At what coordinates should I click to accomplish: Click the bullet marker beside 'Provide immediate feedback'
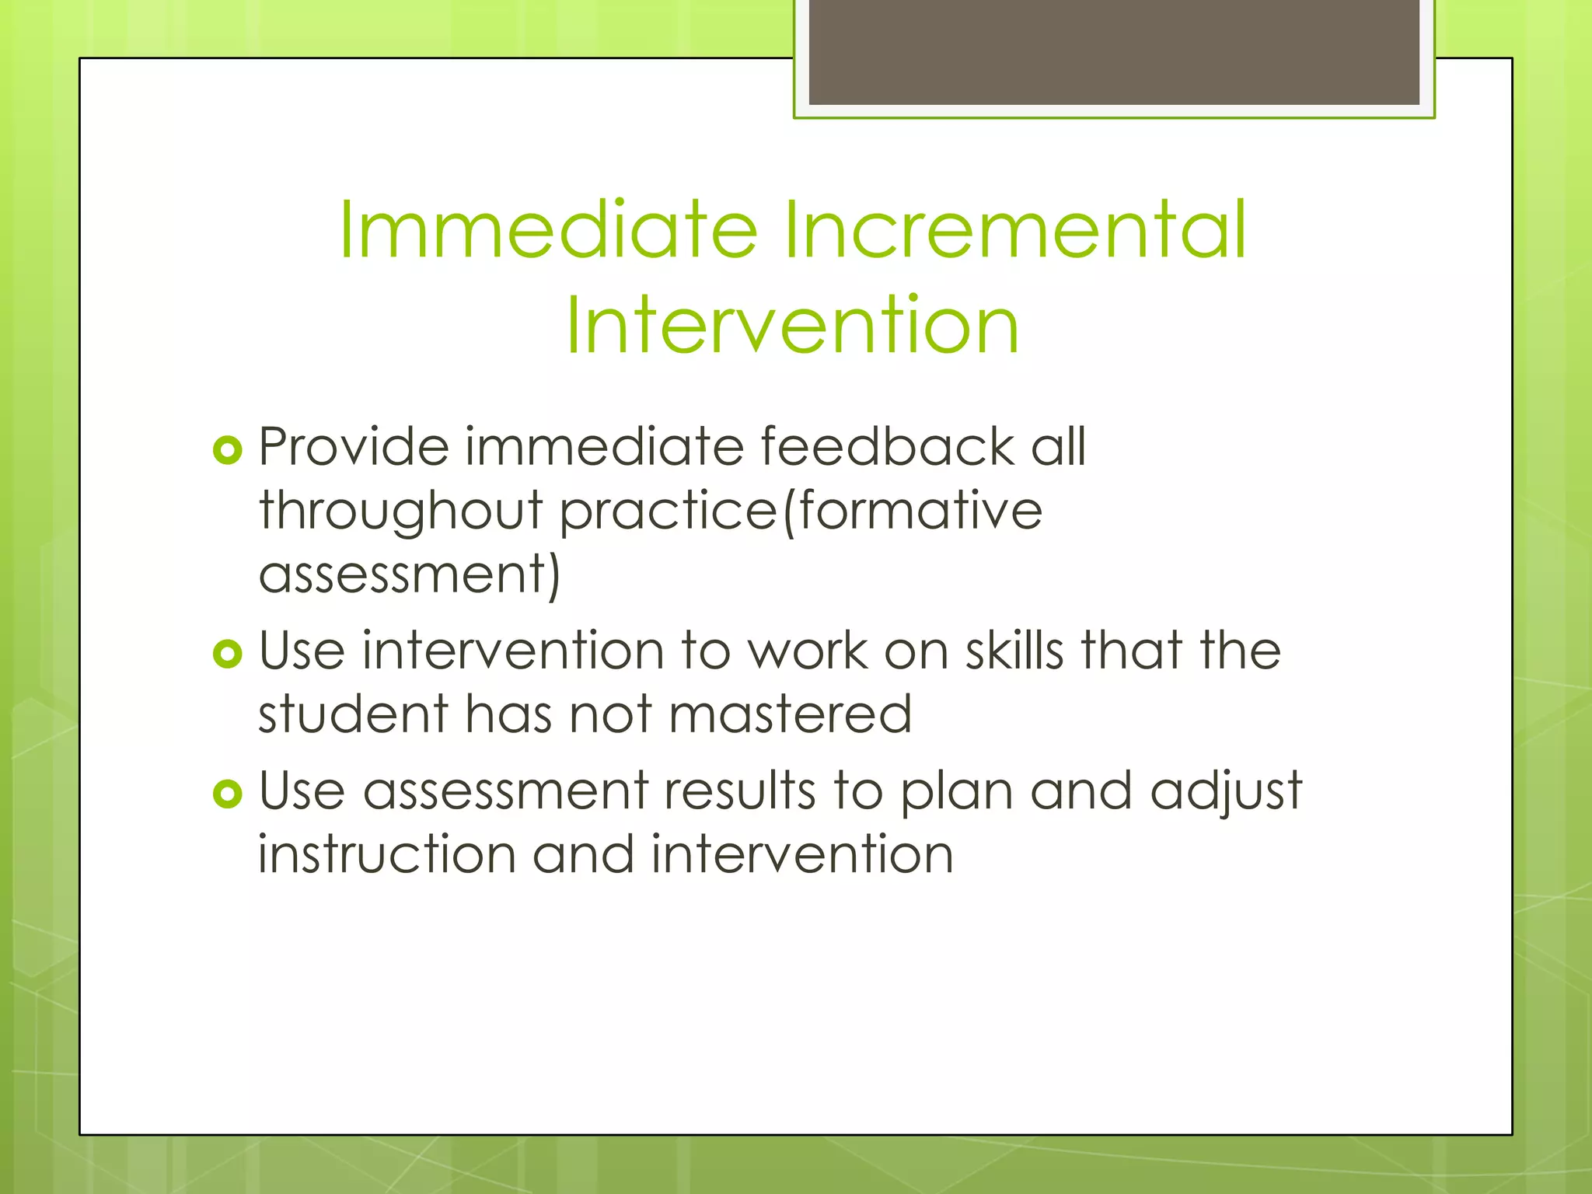pos(227,450)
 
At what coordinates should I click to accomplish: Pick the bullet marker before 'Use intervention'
pos(227,654)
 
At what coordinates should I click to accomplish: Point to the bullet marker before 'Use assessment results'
pos(227,794)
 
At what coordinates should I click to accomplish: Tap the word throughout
pos(400,513)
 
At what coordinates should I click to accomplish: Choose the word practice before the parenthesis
pos(669,513)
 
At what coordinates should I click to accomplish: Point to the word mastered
pos(790,714)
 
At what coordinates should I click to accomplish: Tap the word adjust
pos(1226,793)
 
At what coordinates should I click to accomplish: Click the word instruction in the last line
pos(387,854)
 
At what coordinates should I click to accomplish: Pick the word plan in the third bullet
pos(956,793)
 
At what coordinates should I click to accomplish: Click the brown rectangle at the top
pos(1114,51)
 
